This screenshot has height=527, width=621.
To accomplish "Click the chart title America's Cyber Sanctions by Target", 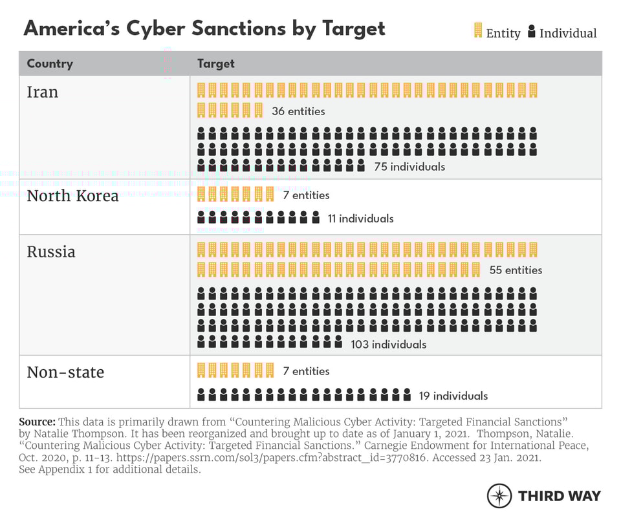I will [204, 28].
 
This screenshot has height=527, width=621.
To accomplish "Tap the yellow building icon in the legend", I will [478, 30].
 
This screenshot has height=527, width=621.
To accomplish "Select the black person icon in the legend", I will [532, 31].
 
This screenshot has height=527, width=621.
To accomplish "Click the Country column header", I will [50, 63].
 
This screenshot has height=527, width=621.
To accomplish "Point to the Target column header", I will [215, 63].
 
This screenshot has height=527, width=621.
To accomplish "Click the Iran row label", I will [43, 92].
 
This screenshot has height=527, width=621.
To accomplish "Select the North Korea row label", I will [72, 196].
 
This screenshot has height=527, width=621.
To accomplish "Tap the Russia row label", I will [51, 252].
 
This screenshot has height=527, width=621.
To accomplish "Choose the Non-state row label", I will [65, 372].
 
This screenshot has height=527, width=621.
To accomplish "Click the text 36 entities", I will [298, 111].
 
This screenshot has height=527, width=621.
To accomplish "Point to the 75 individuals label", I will [409, 167].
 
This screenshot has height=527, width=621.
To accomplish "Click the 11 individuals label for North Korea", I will [360, 219].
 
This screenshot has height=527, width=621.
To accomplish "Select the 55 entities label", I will [516, 270].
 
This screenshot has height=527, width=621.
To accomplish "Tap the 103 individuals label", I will [389, 344].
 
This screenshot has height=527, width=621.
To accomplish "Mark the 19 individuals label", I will [453, 396].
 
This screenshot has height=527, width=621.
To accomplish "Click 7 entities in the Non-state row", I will [306, 371].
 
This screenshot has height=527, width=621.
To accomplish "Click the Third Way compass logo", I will [499, 496].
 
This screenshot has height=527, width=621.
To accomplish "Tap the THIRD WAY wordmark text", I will [560, 496].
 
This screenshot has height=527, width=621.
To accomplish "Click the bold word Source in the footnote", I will [37, 421].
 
